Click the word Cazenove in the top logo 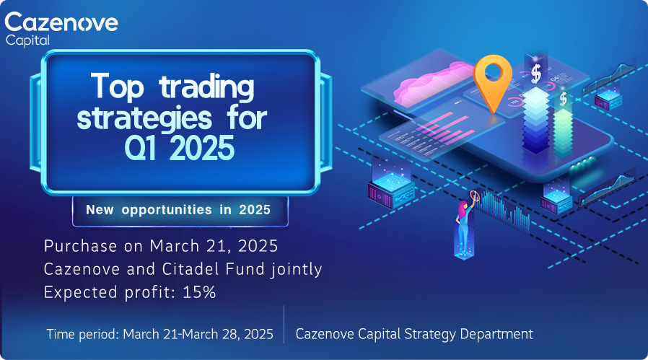[61, 22]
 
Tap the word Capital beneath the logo [27, 40]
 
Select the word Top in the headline [118, 86]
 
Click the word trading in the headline [206, 87]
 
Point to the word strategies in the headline [144, 118]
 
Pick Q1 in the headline [141, 148]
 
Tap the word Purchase [81, 246]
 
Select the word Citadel [185, 269]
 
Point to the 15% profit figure [199, 292]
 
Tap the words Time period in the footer [83, 334]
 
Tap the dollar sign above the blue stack [536, 74]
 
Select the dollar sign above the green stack [563, 99]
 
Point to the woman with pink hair [465, 225]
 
